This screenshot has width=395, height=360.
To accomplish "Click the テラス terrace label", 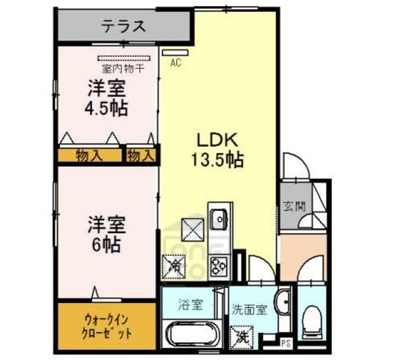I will (x=123, y=28).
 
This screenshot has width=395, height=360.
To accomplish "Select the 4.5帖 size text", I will (x=105, y=106).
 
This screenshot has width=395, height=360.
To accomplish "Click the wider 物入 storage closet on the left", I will (x=91, y=155).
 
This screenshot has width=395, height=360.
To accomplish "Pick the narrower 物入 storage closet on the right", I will (x=140, y=155).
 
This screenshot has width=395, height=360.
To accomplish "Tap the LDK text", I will (x=217, y=140).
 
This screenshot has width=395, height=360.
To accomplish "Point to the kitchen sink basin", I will (x=219, y=220).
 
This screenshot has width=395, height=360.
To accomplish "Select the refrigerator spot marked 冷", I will (x=174, y=265).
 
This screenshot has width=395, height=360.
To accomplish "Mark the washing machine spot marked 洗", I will (x=244, y=337).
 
